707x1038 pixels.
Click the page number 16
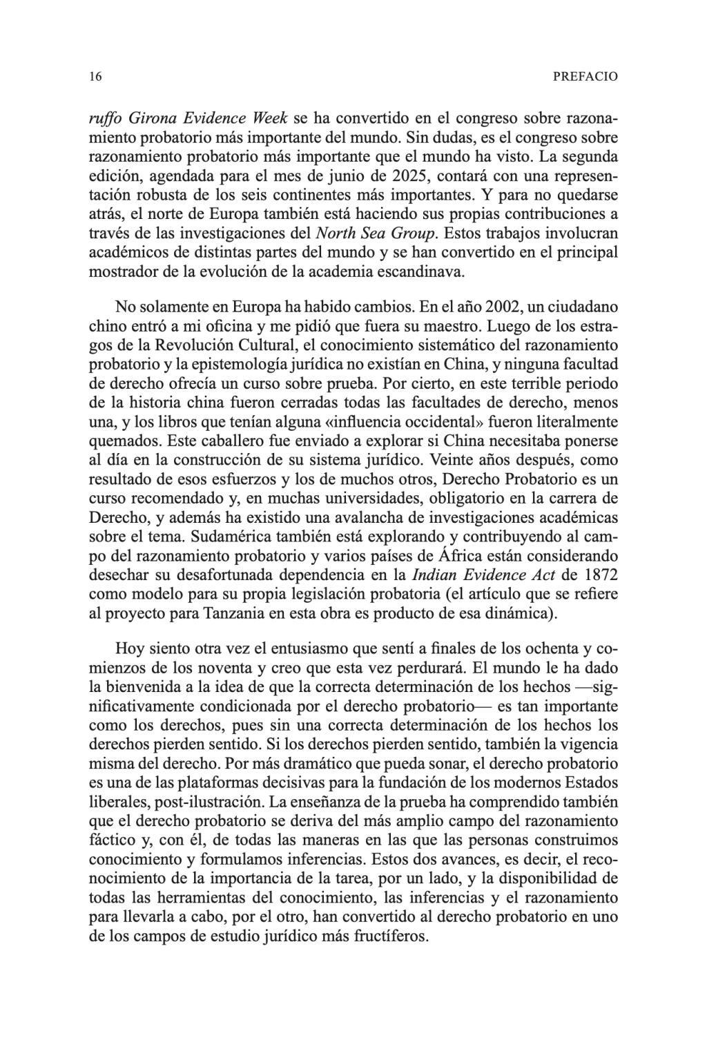[x=95, y=77]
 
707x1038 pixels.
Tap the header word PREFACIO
[x=585, y=77]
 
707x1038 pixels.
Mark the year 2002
[x=512, y=304]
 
